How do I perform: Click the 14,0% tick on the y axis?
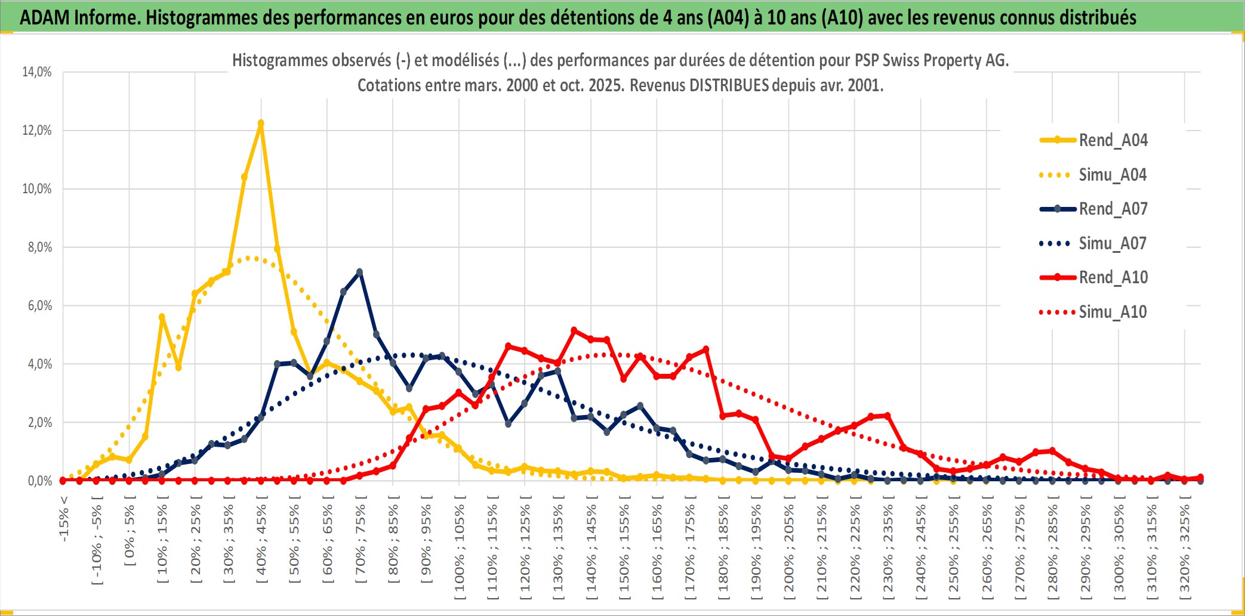[37, 72]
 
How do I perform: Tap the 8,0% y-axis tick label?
[39, 247]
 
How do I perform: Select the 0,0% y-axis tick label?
[39, 481]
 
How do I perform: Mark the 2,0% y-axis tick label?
[39, 423]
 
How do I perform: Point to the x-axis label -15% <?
[64, 519]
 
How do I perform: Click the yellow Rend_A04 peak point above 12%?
[261, 123]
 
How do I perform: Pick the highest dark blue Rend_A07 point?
[359, 272]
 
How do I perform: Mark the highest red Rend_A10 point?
[574, 330]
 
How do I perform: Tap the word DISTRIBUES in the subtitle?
[729, 85]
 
